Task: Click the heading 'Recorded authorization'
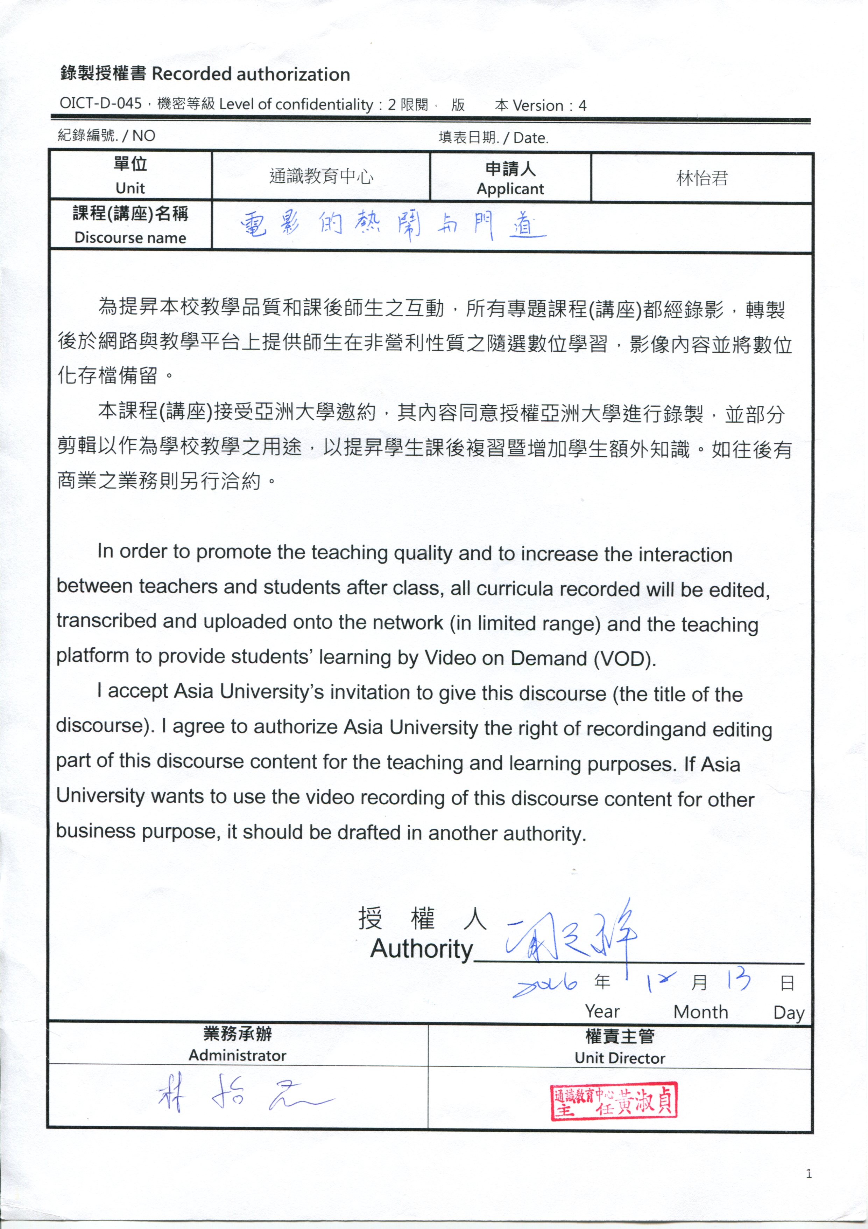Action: [x=251, y=74]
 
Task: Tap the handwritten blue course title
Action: [x=393, y=225]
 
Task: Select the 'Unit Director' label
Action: [x=620, y=1058]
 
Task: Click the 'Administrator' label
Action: [x=238, y=1056]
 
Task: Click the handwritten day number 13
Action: [x=738, y=980]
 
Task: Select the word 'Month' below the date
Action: [x=701, y=1012]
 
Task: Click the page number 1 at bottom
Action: [x=809, y=1174]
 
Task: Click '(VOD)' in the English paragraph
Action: [x=624, y=658]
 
